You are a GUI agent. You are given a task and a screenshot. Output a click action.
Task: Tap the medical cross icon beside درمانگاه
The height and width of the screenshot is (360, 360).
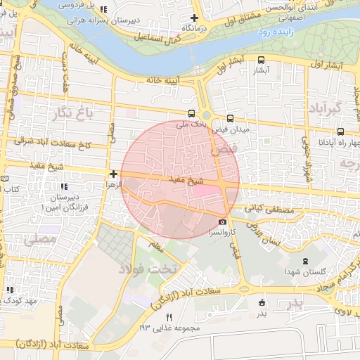click(x=194, y=18)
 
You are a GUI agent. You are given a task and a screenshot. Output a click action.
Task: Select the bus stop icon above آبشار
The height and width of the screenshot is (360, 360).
click(x=262, y=60)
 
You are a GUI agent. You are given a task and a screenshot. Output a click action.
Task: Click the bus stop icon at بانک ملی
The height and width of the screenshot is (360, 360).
click(x=192, y=113)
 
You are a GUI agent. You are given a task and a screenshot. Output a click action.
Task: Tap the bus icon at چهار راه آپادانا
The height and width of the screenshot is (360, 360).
click(x=340, y=131)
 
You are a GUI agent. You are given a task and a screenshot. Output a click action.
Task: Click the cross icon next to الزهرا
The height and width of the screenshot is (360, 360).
click(x=113, y=173)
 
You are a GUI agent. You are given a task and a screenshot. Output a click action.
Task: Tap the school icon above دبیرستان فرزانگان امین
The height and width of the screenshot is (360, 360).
click(x=64, y=187)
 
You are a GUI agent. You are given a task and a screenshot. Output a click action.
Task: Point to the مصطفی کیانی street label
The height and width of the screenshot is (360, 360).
click(x=265, y=210)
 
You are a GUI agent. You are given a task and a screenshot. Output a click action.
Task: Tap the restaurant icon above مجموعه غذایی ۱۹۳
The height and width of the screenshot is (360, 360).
click(x=168, y=318)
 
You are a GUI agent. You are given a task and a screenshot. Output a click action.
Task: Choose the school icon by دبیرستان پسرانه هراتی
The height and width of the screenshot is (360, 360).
click(x=105, y=10)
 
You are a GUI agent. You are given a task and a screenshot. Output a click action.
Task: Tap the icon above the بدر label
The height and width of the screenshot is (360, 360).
click(x=262, y=302)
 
